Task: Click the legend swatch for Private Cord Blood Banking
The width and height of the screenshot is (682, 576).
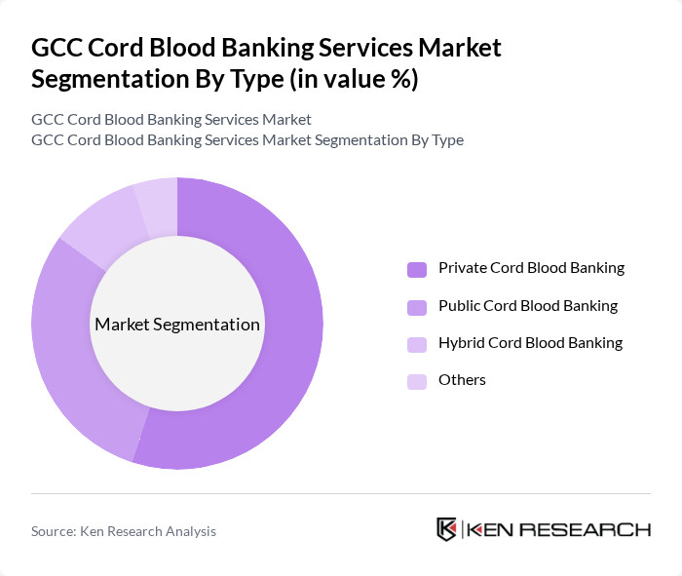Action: click(417, 269)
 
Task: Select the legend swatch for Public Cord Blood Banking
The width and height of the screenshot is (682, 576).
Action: click(417, 307)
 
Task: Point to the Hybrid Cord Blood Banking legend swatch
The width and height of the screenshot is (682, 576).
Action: click(417, 344)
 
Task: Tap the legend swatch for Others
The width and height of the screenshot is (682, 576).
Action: click(417, 381)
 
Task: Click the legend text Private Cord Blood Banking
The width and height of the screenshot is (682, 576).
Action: click(531, 268)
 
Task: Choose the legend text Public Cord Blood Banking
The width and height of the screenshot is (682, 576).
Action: click(528, 306)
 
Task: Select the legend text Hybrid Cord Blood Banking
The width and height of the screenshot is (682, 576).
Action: click(530, 343)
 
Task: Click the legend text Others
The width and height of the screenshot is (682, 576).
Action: click(462, 380)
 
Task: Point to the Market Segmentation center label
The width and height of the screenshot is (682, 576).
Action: click(177, 325)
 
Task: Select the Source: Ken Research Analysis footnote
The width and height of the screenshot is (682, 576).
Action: click(124, 531)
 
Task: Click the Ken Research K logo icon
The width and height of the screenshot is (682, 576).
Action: click(447, 529)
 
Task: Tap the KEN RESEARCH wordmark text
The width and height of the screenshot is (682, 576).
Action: click(558, 529)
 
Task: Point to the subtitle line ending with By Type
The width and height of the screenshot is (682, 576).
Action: click(247, 140)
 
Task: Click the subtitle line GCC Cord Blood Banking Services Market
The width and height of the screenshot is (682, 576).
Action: click(171, 120)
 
